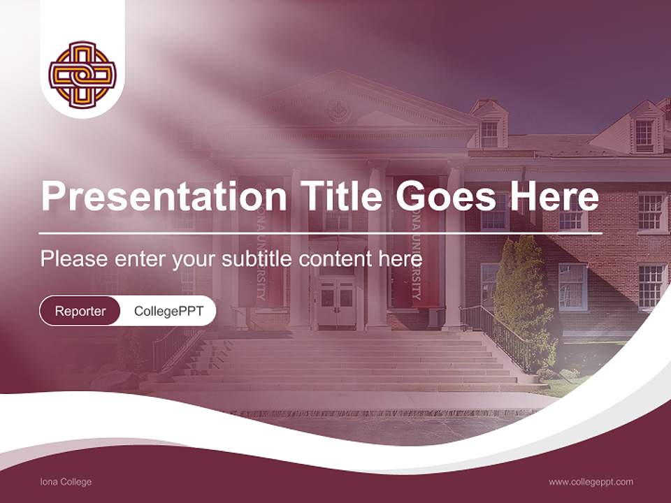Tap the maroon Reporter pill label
point(80,312)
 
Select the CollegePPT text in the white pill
point(168,312)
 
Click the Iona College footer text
point(66,482)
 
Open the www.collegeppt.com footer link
point(591,482)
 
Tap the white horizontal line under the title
point(321,233)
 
